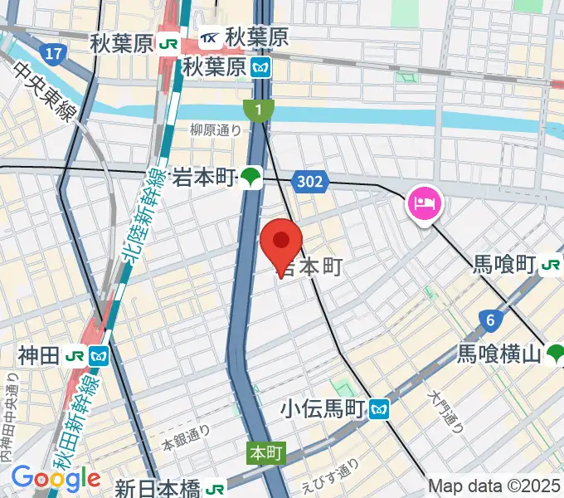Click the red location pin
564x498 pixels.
281,243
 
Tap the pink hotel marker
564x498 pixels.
425,203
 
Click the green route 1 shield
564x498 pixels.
259,110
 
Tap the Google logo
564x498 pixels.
55,478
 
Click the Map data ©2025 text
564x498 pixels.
494,486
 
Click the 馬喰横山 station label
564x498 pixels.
499,354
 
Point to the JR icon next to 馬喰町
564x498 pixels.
549,266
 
